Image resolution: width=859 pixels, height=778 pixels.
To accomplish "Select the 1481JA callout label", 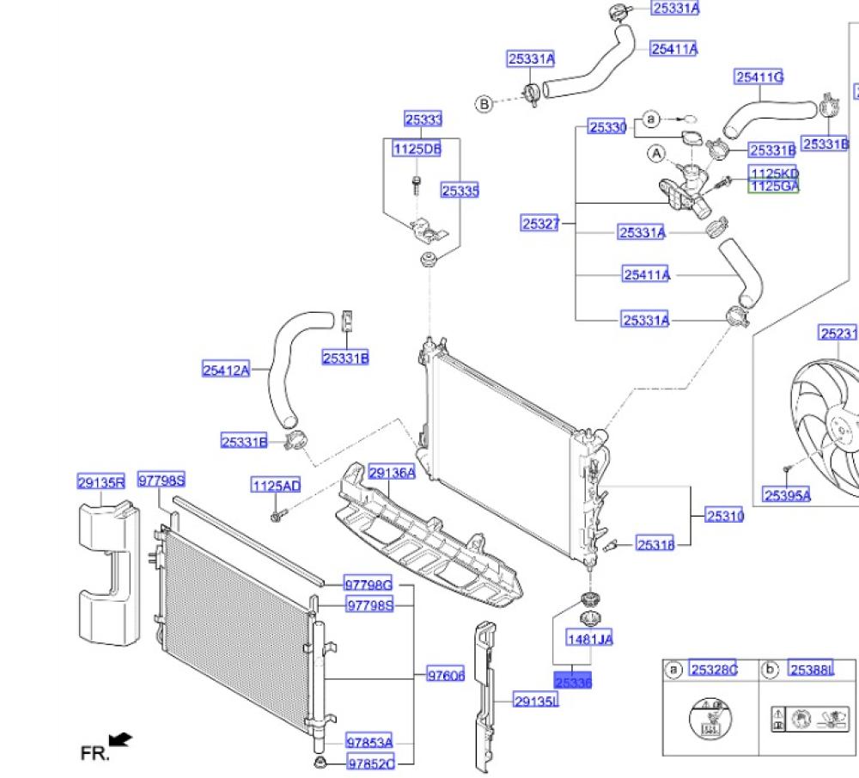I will (x=589, y=639).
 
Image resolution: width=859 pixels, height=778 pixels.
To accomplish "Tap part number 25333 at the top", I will (x=423, y=120).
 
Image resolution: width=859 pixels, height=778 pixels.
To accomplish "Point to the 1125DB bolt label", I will (x=417, y=149).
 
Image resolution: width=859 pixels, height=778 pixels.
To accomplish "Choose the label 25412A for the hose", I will (x=226, y=371).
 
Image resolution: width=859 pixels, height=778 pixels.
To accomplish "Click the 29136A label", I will (x=392, y=473).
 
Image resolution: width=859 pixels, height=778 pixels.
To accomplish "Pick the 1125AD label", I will (x=276, y=487).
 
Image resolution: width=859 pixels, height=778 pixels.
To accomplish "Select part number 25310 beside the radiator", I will (x=725, y=516).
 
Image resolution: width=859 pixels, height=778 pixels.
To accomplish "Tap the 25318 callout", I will (x=655, y=543).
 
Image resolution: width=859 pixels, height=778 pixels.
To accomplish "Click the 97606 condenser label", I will (x=446, y=676).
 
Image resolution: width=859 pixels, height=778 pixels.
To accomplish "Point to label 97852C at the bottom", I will (x=370, y=763).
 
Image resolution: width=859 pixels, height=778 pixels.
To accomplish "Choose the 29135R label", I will (x=101, y=483).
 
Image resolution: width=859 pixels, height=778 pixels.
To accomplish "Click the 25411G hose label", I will (x=759, y=77).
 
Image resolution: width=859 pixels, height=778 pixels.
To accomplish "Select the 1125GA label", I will (x=774, y=186).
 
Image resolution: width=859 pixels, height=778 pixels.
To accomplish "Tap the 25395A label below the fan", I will (x=786, y=494).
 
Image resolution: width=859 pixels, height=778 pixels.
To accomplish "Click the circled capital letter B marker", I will (x=484, y=104).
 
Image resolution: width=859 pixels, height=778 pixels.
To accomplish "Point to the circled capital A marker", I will (x=656, y=154).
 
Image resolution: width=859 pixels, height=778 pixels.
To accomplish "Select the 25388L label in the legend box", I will (x=812, y=671).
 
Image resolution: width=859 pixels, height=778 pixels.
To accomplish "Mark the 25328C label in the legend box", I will (x=714, y=671).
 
